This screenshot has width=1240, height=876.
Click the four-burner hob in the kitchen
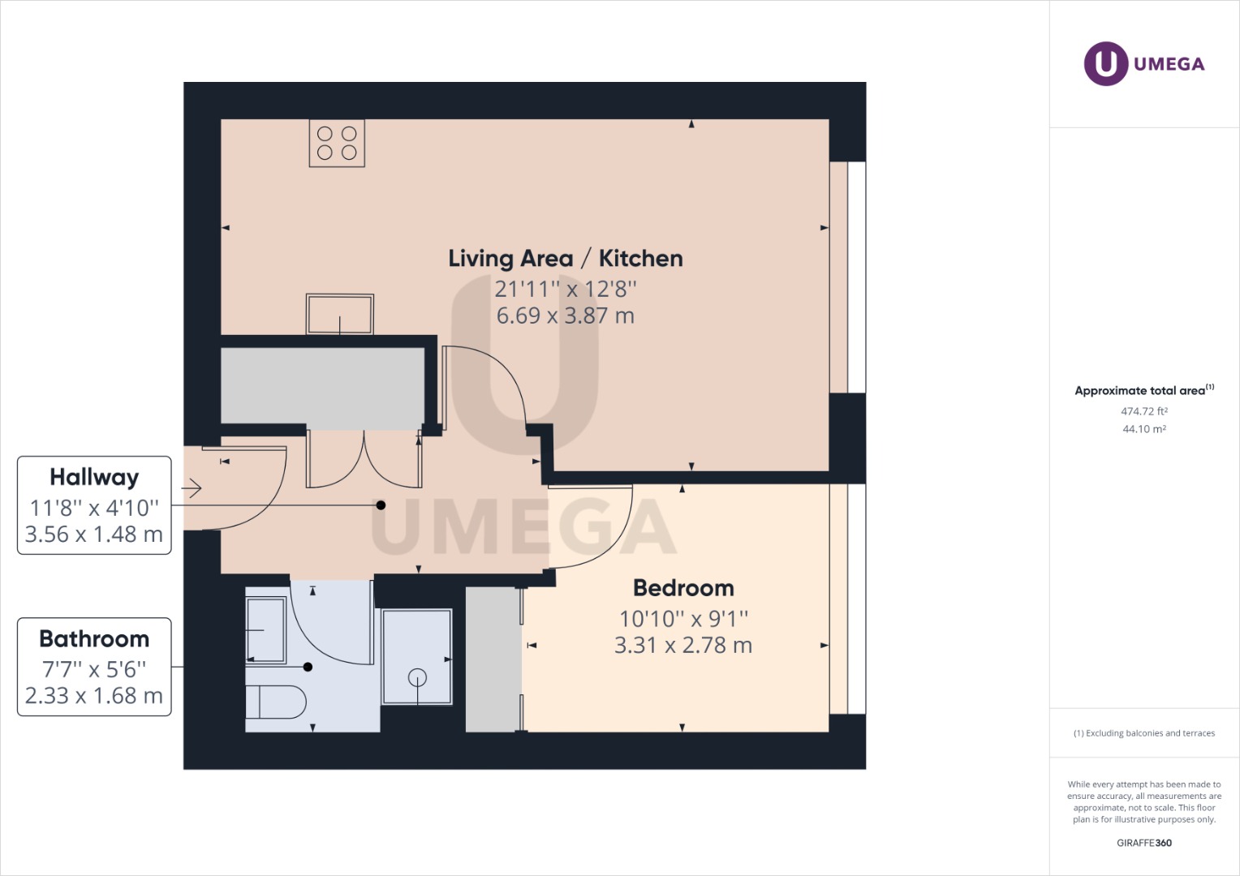337,144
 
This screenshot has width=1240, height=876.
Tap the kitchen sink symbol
339,314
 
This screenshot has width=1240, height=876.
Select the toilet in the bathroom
275,702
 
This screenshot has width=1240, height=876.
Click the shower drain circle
417,676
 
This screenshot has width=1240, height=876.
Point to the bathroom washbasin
266,630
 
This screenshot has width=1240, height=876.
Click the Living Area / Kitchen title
566,259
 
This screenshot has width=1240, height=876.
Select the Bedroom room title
683,588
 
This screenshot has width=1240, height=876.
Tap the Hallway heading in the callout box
94,477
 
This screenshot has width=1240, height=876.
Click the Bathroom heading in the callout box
94,639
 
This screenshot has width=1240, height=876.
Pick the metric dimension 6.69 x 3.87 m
566,316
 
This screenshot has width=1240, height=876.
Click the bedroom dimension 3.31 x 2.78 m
683,646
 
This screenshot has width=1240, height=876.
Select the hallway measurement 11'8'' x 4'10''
94,508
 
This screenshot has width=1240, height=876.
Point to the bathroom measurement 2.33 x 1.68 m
94,696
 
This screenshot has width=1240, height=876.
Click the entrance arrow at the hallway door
192,488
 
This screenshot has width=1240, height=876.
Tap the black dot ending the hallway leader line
381,505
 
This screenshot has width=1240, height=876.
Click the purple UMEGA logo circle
1105,63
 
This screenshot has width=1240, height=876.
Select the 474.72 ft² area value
1144,411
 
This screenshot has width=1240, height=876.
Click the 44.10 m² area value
1144,429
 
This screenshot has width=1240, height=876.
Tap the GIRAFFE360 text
1144,843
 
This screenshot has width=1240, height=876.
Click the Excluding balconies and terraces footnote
1144,733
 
